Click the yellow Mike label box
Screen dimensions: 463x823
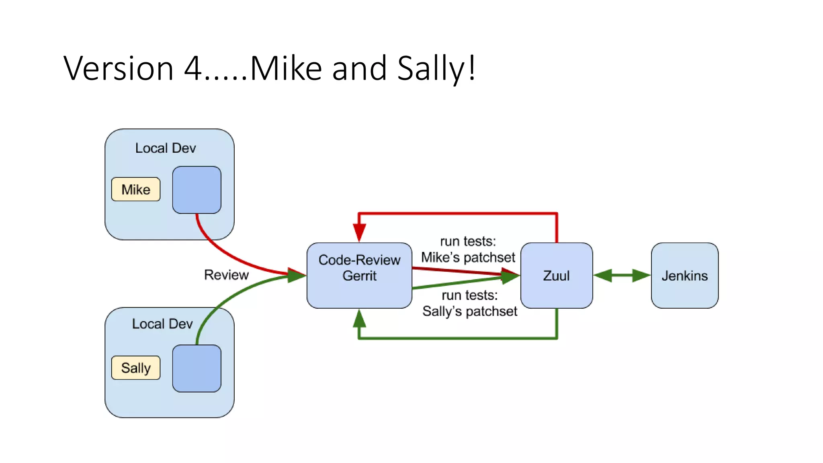tap(136, 189)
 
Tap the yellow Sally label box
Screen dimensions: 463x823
tap(136, 368)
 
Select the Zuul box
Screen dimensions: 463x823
tap(556, 276)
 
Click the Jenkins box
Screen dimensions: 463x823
tap(684, 276)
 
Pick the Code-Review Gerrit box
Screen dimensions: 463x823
tap(359, 276)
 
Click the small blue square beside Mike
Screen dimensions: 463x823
tap(197, 190)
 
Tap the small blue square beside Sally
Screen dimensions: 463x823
tap(197, 368)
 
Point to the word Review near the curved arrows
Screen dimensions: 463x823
tap(226, 275)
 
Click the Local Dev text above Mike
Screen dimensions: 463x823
tap(165, 148)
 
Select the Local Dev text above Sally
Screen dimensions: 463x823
tap(162, 324)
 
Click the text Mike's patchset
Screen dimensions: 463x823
tap(468, 257)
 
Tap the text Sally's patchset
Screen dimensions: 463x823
tap(469, 311)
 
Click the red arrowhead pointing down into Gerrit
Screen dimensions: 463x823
tap(359, 232)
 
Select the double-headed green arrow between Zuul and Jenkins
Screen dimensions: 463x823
tap(622, 276)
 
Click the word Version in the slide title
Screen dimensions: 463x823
tap(118, 68)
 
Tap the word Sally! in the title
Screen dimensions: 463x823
tap(436, 68)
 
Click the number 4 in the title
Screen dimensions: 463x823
tap(193, 68)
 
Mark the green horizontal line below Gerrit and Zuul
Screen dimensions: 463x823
tap(458, 338)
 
